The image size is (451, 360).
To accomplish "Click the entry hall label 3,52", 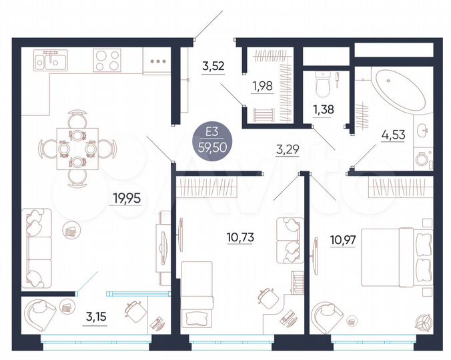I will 213,66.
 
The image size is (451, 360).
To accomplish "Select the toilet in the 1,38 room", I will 324,84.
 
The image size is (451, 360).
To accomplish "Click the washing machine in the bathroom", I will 422,159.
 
